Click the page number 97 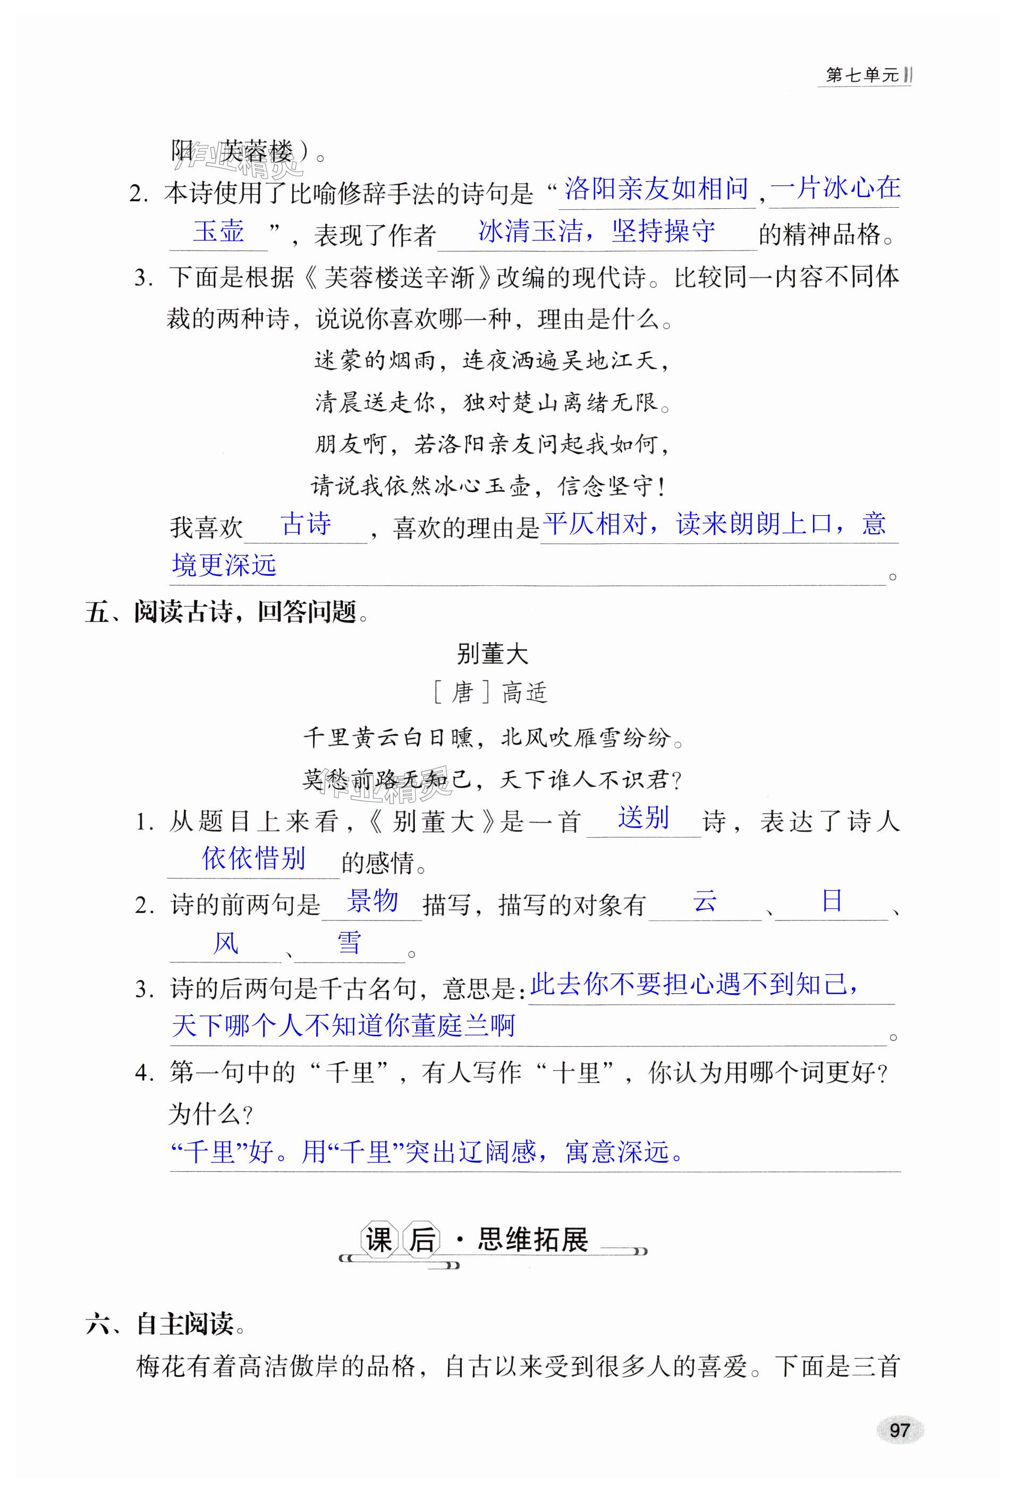899,1430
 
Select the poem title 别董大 492,654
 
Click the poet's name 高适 524,693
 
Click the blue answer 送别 644,818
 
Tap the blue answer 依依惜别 253,858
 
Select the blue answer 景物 372,901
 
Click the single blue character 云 705,901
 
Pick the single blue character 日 832,901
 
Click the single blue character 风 225,943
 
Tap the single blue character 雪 349,943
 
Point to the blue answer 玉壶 219,231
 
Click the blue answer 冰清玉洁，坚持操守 597,231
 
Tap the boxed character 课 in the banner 379,1240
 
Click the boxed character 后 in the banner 422,1240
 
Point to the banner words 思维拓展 532,1240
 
